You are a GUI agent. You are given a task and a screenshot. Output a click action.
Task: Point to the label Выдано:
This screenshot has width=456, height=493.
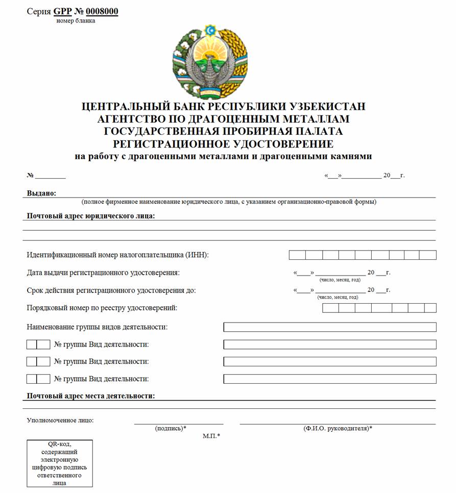tap(41, 193)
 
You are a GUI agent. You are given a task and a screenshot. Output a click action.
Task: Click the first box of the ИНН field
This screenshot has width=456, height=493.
tap(297, 255)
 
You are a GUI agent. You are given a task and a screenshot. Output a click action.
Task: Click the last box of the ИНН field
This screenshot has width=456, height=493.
tap(428, 255)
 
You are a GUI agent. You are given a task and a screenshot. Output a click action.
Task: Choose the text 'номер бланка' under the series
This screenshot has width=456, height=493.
tap(76, 21)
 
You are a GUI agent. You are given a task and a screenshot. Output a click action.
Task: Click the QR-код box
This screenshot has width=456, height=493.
tap(60, 463)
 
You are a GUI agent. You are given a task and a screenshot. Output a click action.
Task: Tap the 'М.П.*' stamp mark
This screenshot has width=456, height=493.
tap(211, 436)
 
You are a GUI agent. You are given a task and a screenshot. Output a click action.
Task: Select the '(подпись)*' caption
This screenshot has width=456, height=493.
tap(171, 428)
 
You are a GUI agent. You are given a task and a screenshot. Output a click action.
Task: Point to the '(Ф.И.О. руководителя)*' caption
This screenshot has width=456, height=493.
tap(338, 428)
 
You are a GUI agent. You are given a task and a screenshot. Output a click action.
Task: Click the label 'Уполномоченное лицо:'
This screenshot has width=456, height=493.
tap(60, 421)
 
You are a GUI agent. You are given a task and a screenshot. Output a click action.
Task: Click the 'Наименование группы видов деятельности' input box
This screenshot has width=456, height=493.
tap(330, 327)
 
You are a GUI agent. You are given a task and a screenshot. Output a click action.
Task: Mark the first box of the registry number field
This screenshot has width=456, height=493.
tap(330, 308)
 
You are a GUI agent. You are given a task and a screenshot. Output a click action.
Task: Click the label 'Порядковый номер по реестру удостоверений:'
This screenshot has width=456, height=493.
tap(102, 308)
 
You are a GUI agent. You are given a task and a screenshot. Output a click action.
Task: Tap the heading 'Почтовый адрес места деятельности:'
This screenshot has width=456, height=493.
tap(91, 396)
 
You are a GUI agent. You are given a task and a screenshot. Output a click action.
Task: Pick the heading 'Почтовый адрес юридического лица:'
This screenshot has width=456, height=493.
tap(91, 215)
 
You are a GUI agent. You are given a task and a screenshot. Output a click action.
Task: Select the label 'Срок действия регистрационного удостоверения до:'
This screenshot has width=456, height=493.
tap(111, 290)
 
